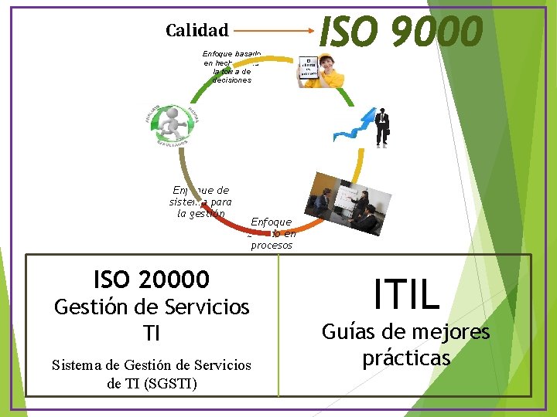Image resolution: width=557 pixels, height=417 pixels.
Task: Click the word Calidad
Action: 196,31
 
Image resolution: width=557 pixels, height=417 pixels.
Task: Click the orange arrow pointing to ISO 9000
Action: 275,32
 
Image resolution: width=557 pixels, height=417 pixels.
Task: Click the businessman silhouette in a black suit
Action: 381,127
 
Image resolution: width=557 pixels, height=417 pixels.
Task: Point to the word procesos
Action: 271,246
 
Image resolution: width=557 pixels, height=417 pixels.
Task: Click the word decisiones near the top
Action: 232,80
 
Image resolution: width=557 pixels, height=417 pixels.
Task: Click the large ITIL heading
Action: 405,294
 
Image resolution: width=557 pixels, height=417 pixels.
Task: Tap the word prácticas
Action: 406,358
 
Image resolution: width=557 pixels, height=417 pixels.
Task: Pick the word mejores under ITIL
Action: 448,332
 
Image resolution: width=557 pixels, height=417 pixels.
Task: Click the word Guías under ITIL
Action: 348,332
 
